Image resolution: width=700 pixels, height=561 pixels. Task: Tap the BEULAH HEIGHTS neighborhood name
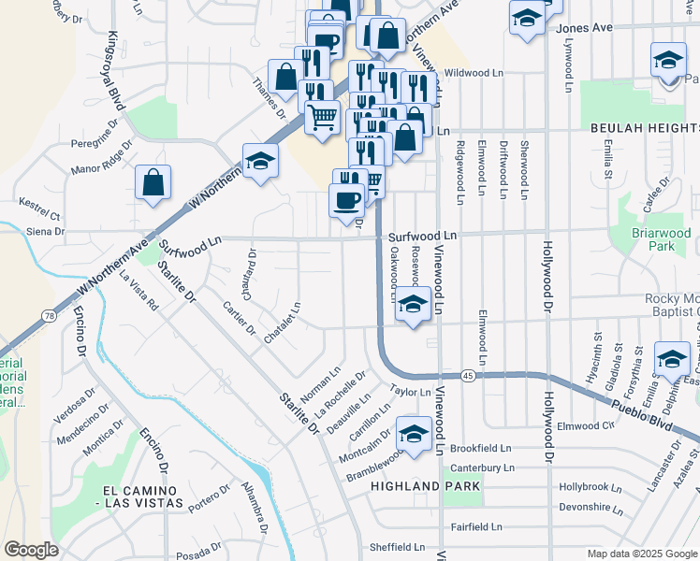(x=644, y=126)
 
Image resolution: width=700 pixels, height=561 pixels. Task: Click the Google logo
(x=31, y=550)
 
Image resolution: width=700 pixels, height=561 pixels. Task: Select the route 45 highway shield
(x=467, y=375)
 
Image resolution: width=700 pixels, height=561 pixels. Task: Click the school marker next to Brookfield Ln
(x=413, y=433)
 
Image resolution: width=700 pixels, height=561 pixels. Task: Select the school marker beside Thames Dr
(x=260, y=160)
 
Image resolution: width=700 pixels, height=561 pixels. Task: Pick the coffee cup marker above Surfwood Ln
(x=347, y=198)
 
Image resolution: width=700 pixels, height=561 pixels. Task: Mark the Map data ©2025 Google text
(x=642, y=554)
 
